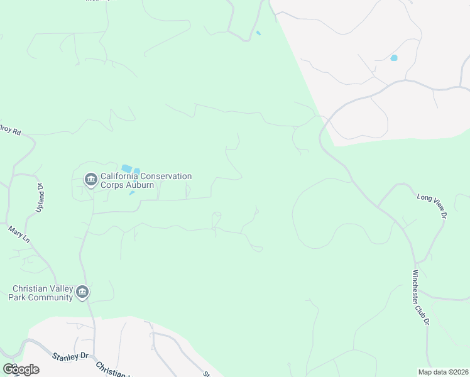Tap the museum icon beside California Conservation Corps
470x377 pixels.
(x=90, y=180)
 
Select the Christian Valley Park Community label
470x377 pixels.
(x=42, y=293)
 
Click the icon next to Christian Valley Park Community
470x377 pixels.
(x=82, y=292)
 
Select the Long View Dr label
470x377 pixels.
(x=432, y=205)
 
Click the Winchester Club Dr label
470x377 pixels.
(x=420, y=297)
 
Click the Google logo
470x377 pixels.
(x=20, y=369)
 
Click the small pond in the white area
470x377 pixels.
(x=394, y=58)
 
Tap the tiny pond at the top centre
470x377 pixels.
(x=258, y=33)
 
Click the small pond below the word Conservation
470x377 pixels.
(x=132, y=193)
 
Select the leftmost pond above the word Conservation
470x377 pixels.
(x=126, y=168)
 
